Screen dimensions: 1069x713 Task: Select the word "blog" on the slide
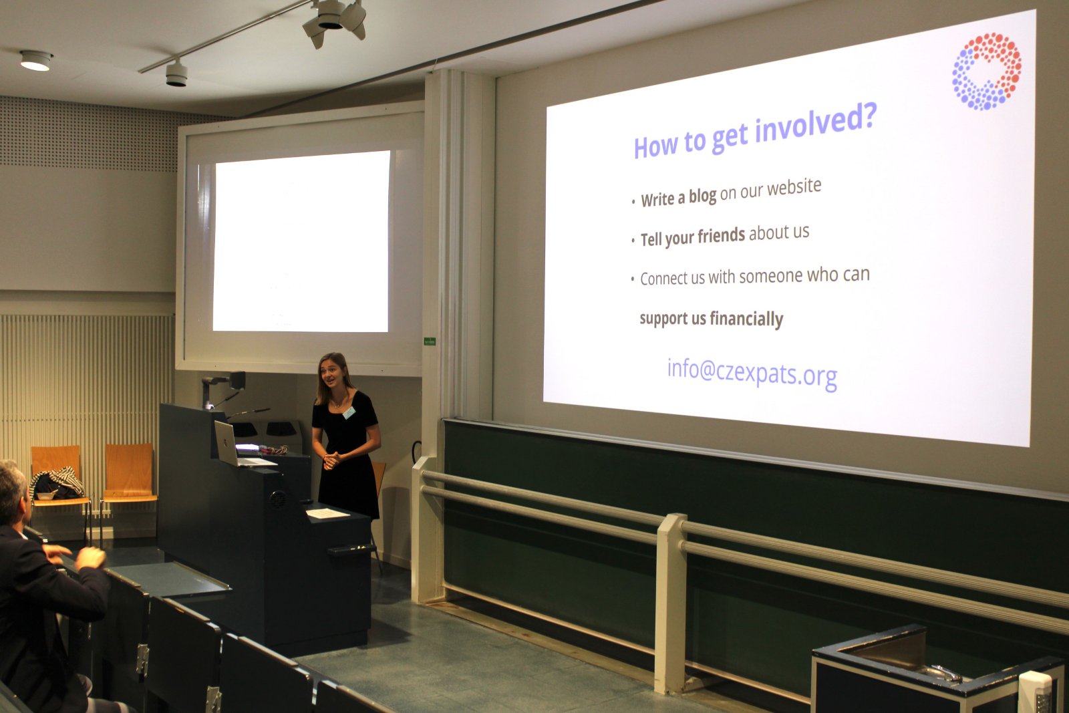click(x=702, y=196)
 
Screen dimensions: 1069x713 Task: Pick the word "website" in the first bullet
click(x=794, y=187)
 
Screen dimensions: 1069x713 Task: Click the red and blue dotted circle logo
click(x=986, y=72)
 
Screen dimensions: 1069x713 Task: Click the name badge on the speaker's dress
click(x=349, y=413)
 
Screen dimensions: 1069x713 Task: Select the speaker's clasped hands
click(x=331, y=460)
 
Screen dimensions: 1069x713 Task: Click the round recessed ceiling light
click(x=36, y=61)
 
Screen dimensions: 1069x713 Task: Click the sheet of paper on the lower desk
click(x=327, y=513)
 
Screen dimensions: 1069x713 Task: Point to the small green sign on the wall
click(x=430, y=341)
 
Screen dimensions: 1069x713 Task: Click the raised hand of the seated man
click(x=91, y=558)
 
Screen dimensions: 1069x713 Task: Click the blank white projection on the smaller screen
click(x=301, y=241)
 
